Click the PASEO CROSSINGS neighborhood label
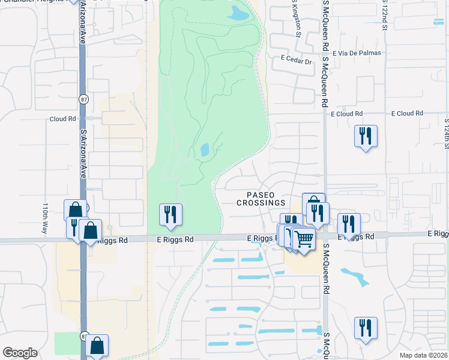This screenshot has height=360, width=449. coord(261,199)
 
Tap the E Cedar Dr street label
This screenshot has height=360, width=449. coord(297,61)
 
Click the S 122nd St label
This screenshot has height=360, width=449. coord(384,13)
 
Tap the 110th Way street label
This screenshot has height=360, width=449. coord(45,214)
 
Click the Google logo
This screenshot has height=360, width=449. coord(20,353)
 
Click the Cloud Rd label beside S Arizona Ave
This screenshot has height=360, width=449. coord(62,119)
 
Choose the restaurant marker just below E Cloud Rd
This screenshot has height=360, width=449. coord(366,136)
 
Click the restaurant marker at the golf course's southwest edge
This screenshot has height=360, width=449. coord(170,215)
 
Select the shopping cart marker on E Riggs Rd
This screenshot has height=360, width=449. coord(304,240)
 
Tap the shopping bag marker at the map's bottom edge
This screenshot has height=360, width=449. coord(97,346)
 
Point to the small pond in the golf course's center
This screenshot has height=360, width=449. coord(204,149)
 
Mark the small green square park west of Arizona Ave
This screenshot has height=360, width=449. coord(66,343)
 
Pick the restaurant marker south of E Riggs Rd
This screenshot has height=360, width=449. coord(366,328)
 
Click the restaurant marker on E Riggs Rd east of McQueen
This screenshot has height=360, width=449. coord(349,224)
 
